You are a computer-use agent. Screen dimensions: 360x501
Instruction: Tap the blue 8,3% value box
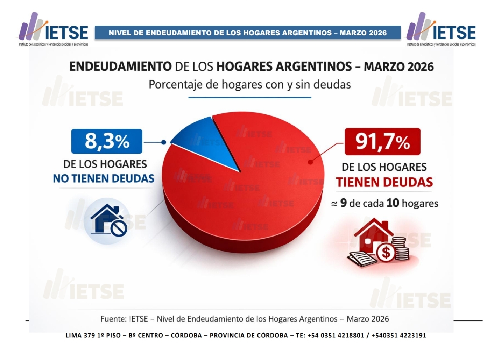click(107, 141)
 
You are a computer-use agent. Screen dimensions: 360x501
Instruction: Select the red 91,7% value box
click(382, 142)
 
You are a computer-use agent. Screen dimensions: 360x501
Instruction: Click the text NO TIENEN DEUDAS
click(104, 178)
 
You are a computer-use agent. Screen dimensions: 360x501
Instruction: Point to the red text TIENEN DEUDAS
click(384, 182)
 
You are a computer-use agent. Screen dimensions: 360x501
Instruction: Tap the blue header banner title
click(247, 33)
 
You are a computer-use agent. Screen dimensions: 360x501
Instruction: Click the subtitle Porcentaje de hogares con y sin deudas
click(249, 85)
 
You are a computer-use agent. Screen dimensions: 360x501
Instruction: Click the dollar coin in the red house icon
click(386, 252)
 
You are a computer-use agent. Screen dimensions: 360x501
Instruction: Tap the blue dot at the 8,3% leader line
click(163, 142)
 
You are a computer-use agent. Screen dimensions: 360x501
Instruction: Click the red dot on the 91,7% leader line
click(310, 162)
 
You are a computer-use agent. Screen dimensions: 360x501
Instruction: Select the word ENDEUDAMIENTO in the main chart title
click(120, 66)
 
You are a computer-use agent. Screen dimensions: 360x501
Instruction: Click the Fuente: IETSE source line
click(245, 319)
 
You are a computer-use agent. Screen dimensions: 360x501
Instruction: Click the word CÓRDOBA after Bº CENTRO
click(186, 335)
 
